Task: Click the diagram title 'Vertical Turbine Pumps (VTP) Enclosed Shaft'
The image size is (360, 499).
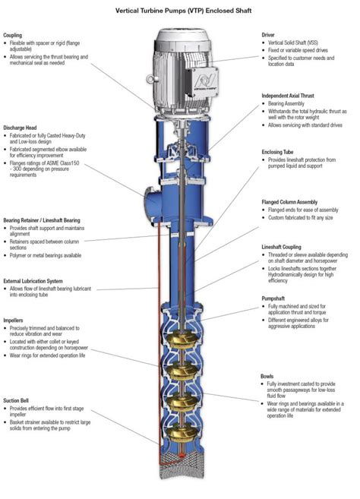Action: tap(180, 12)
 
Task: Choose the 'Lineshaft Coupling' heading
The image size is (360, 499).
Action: tap(286, 248)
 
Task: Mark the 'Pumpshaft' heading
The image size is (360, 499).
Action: tap(275, 298)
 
